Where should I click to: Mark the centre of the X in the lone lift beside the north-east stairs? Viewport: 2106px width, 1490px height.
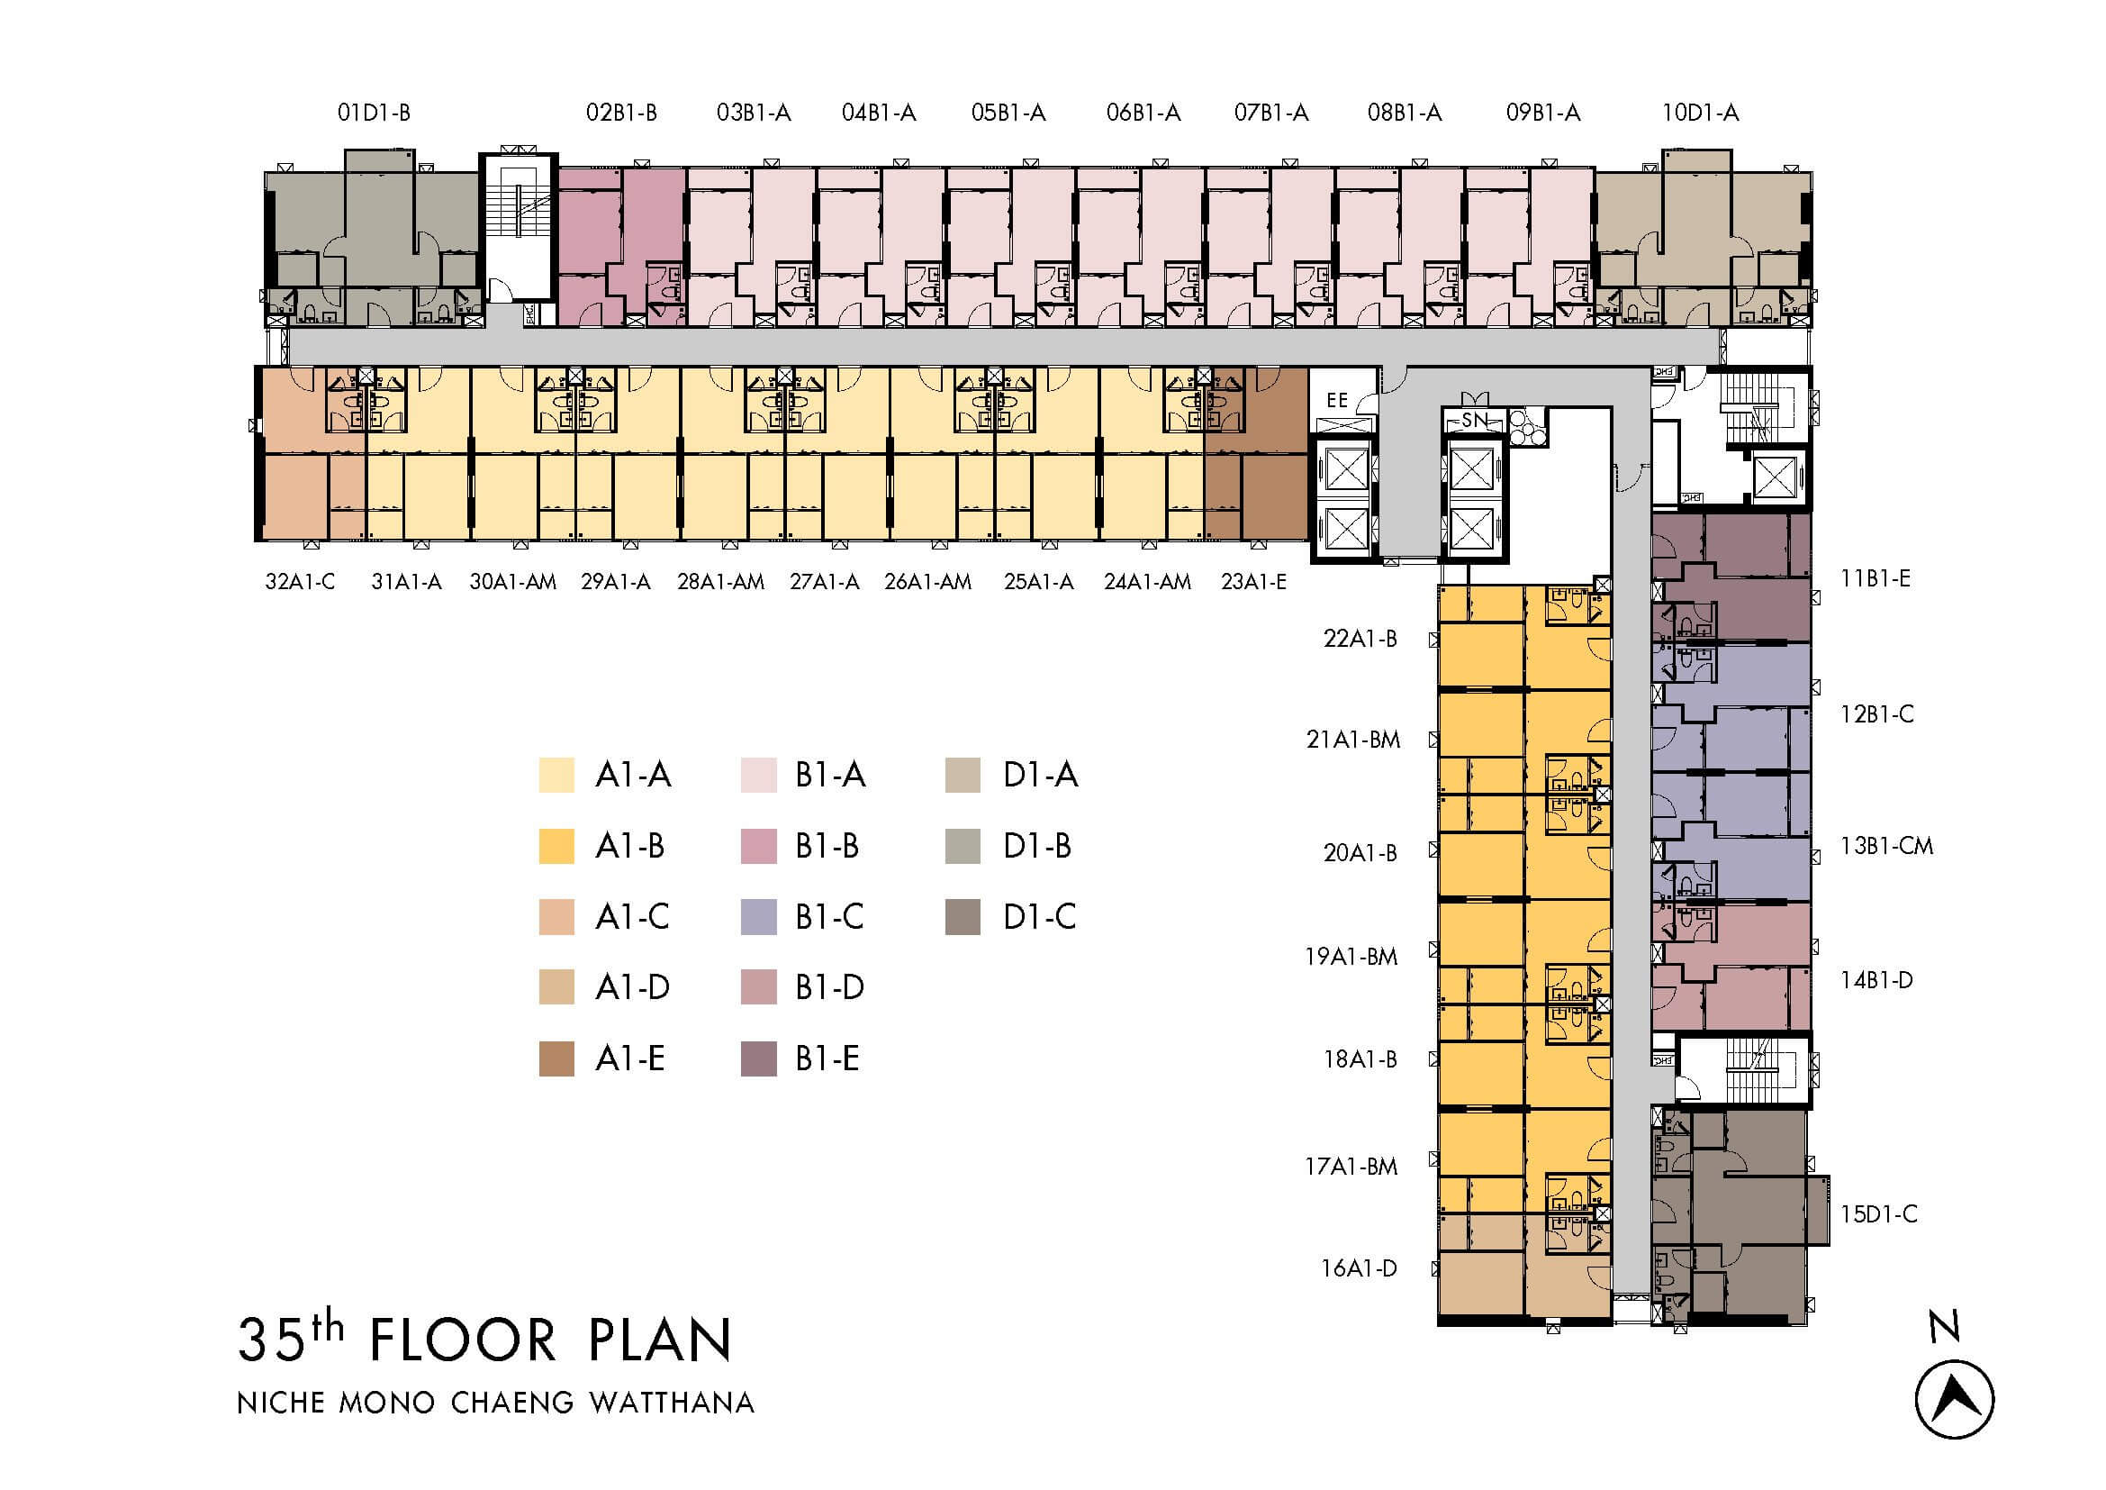(1774, 477)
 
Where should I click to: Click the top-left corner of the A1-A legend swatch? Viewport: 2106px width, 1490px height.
(539, 758)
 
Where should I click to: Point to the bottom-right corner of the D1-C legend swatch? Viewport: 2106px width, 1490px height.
(981, 935)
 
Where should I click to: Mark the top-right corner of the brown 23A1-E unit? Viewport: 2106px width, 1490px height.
(1308, 367)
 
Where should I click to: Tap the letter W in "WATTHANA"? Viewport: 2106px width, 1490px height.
(606, 1403)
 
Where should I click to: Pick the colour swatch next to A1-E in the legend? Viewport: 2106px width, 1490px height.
(556, 1058)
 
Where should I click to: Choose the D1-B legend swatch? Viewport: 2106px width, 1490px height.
(963, 846)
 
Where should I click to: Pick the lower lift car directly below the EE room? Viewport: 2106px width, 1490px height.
(1345, 530)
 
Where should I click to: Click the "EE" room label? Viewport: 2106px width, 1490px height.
(1337, 400)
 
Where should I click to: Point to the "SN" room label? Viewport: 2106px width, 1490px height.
(1473, 420)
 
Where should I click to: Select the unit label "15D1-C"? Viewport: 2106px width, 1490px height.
(1878, 1213)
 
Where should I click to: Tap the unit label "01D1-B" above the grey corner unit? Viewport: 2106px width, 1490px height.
(374, 113)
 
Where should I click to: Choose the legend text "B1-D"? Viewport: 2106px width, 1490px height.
(829, 987)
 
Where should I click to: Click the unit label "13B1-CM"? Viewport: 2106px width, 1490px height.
(1886, 845)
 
